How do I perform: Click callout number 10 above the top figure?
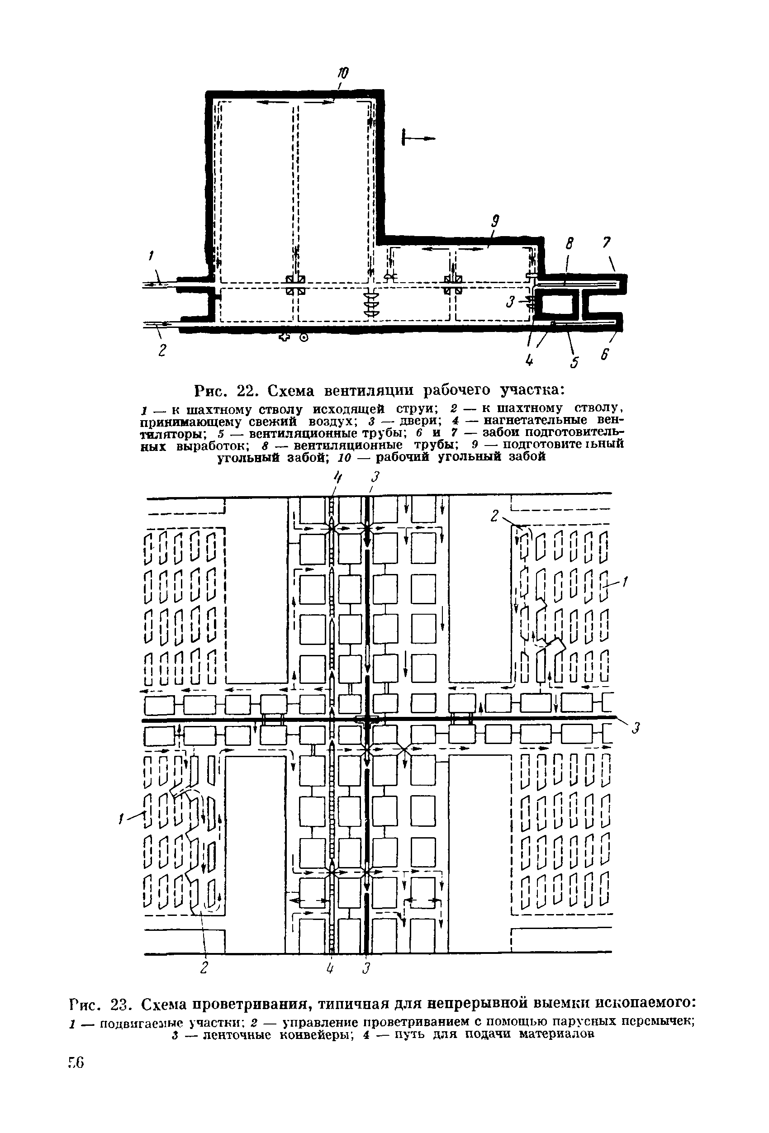click(344, 73)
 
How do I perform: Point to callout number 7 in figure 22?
click(607, 243)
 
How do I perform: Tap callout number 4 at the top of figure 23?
click(335, 476)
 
